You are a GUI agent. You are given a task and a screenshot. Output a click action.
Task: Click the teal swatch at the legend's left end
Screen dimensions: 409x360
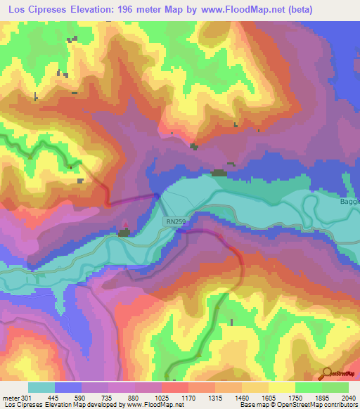pos(41,387)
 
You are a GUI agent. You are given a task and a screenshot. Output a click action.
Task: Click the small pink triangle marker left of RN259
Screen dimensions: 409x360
pos(126,227)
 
